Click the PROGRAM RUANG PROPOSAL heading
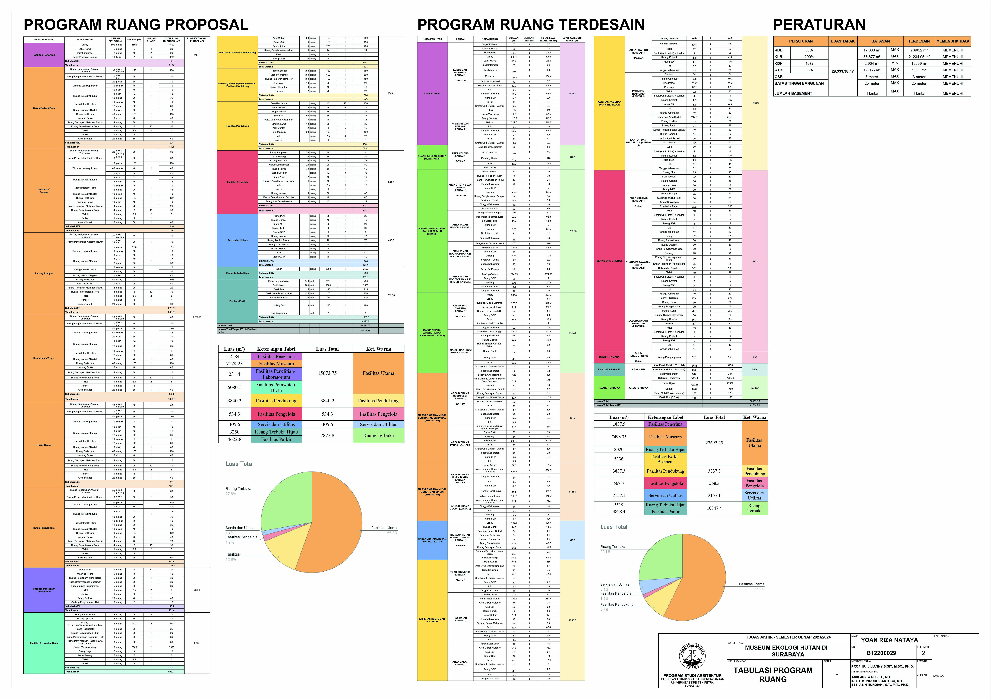click(136, 25)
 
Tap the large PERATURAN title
click(819, 25)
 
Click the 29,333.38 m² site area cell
click(843, 71)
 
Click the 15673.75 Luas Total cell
click(327, 373)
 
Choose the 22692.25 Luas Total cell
click(714, 442)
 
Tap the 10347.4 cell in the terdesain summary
click(714, 508)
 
